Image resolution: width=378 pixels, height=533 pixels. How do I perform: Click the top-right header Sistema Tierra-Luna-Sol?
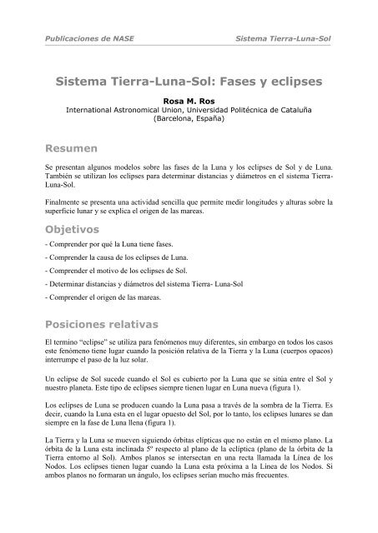285,38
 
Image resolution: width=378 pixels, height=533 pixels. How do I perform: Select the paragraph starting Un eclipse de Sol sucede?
189,385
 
